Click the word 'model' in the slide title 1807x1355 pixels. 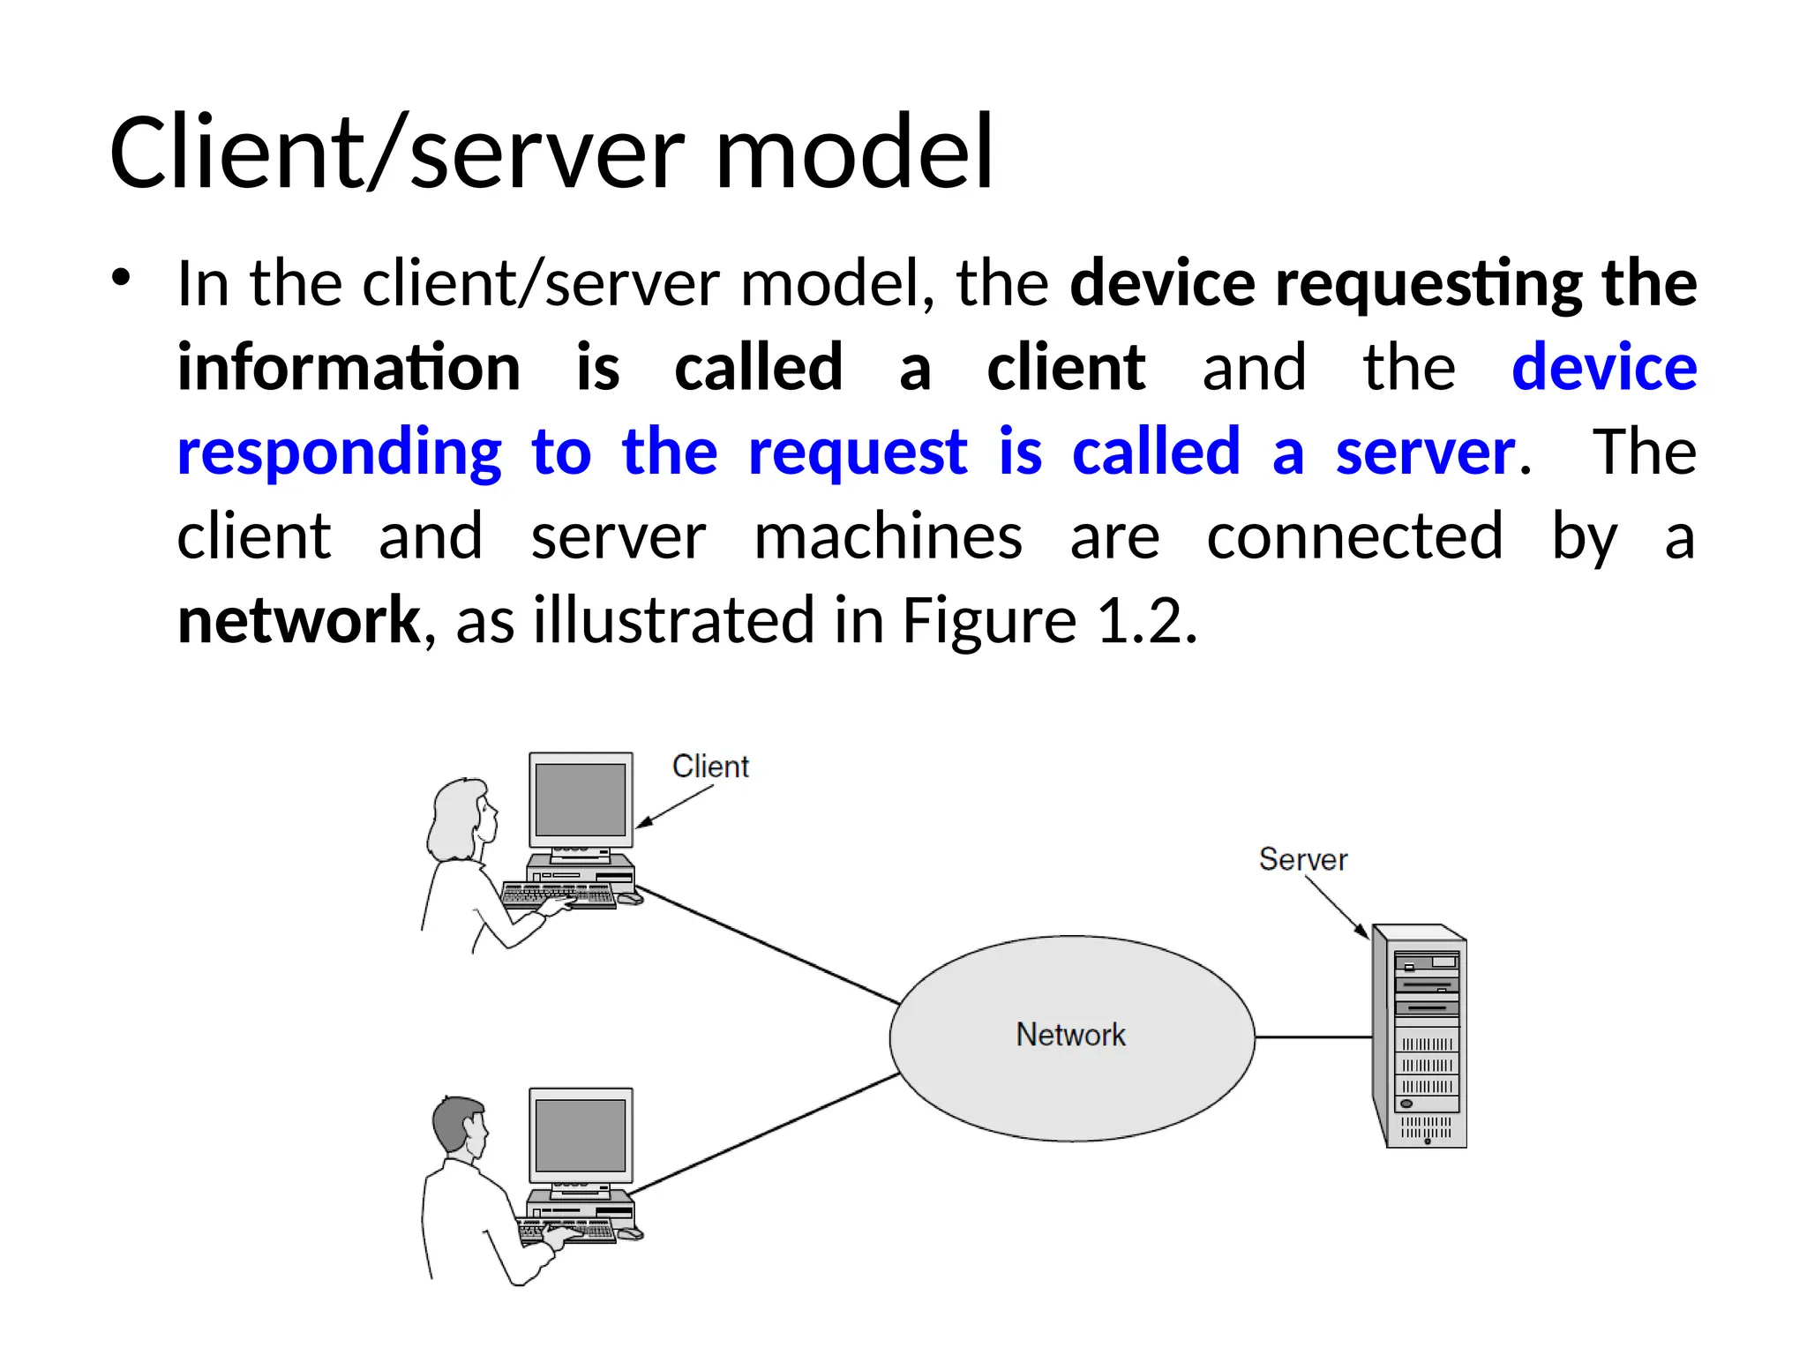854,153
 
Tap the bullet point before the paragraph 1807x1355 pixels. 121,278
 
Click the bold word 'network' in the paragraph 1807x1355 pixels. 299,620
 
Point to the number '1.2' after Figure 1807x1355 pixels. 1146,620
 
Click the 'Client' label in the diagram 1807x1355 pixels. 710,767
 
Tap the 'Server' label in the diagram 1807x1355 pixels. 1302,859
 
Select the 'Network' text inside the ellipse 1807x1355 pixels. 1070,1035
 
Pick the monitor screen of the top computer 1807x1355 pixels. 581,799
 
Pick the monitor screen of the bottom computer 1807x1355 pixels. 581,1135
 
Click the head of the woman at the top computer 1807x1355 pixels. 461,816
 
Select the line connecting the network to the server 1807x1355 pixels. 1313,1037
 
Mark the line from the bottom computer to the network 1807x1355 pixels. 764,1134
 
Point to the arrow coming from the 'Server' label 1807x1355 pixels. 1336,908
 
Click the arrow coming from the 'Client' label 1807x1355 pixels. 674,806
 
